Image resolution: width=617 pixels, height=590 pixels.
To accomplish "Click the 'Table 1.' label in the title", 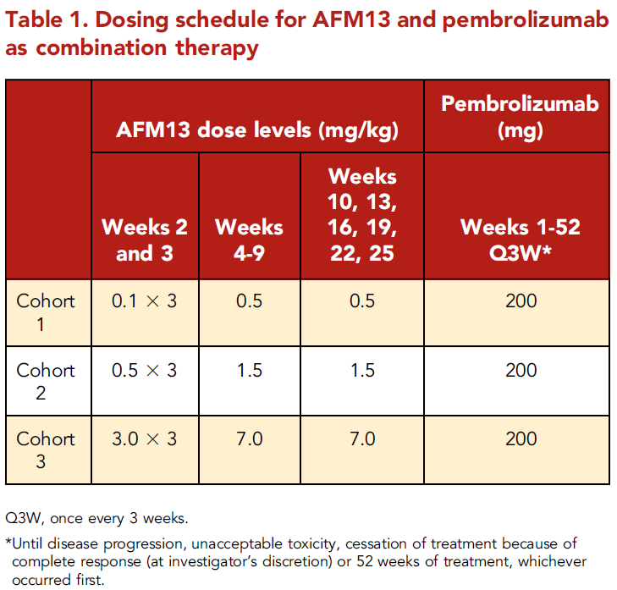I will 42,19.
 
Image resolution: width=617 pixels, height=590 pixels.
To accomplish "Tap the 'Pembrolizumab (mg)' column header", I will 520,117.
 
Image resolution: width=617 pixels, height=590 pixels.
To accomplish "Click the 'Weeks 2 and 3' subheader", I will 145,240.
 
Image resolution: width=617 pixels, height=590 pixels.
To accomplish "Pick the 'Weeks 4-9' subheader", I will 249,240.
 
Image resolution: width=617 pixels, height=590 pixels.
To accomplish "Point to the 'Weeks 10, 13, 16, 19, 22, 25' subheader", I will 361,214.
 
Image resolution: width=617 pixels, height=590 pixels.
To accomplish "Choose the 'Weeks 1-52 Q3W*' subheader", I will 520,240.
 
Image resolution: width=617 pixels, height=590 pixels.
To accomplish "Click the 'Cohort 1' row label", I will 46,312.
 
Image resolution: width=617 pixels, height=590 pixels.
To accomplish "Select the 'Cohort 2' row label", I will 46,381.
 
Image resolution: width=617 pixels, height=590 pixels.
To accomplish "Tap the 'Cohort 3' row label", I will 46,449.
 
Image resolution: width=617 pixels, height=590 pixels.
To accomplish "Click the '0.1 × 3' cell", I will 145,301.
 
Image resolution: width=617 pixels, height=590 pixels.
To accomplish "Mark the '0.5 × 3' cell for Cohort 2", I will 145,370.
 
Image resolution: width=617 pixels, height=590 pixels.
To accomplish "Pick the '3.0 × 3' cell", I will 145,438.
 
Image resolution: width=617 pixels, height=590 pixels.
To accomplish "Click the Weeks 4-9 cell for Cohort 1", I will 249,301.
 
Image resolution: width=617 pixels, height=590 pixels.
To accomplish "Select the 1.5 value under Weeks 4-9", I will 249,370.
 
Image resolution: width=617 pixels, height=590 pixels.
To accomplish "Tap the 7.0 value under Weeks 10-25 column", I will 361,438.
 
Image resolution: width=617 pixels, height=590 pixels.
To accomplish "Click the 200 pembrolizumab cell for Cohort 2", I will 520,370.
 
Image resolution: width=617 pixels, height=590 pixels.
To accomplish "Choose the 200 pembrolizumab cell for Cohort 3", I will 520,438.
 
